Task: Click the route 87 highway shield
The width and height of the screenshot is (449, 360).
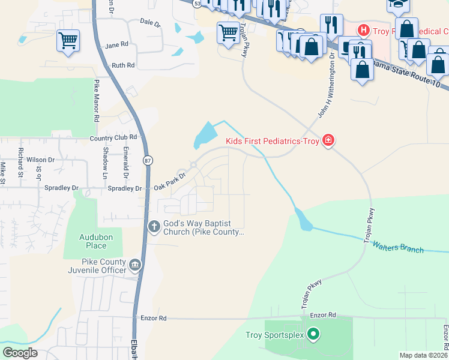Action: pyautogui.click(x=147, y=161)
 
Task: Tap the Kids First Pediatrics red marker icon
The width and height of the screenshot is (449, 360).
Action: pyautogui.click(x=328, y=141)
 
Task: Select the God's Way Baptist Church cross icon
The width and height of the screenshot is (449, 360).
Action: pyautogui.click(x=154, y=226)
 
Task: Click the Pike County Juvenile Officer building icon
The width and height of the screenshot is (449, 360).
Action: pyautogui.click(x=136, y=265)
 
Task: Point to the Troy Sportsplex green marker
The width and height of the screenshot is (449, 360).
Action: pyautogui.click(x=313, y=334)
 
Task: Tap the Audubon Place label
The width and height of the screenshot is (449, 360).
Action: pyautogui.click(x=96, y=241)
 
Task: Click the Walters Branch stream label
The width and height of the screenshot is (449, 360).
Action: pyautogui.click(x=398, y=246)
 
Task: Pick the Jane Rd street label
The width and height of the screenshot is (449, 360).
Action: pyautogui.click(x=116, y=45)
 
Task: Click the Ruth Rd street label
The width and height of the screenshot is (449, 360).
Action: pyautogui.click(x=123, y=65)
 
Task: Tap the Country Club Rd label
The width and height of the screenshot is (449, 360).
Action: pyautogui.click(x=113, y=137)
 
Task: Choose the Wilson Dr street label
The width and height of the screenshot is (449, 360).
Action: pyautogui.click(x=41, y=160)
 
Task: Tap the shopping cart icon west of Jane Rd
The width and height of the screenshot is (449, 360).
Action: pyautogui.click(x=68, y=41)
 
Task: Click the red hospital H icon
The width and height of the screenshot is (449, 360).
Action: pyautogui.click(x=363, y=29)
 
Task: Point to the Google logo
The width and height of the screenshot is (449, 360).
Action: pyautogui.click(x=20, y=353)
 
